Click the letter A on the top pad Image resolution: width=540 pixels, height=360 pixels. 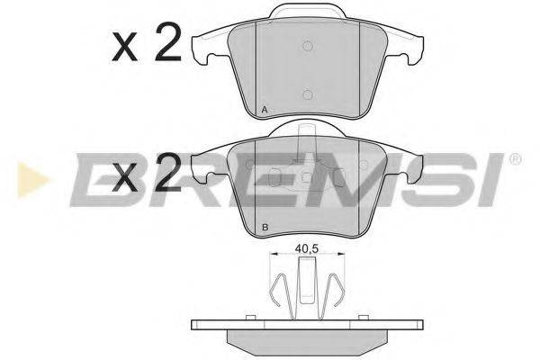[x=265, y=110]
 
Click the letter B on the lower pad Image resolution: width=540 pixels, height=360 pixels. [x=265, y=228]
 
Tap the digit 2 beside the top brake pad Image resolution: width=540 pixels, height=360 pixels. [x=168, y=42]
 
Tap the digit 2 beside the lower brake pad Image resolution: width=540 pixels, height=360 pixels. [x=168, y=172]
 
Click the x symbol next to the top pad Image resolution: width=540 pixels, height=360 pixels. [x=125, y=47]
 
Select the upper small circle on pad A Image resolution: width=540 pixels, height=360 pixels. [x=308, y=46]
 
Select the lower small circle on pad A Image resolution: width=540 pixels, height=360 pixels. [x=308, y=94]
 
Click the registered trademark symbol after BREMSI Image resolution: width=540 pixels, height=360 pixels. [x=516, y=159]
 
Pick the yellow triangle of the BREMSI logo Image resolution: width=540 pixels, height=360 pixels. [x=31, y=180]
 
